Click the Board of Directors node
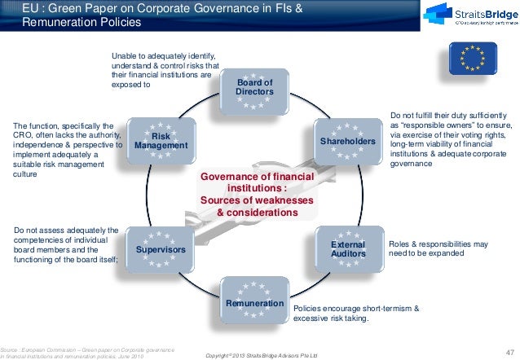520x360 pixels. click(x=254, y=88)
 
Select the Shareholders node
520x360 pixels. click(x=348, y=142)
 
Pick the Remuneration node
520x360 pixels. click(x=254, y=304)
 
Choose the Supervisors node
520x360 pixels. click(x=161, y=248)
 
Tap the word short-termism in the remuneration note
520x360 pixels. click(x=388, y=310)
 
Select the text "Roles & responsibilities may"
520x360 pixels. click(x=438, y=244)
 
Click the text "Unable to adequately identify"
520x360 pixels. click(x=162, y=55)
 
